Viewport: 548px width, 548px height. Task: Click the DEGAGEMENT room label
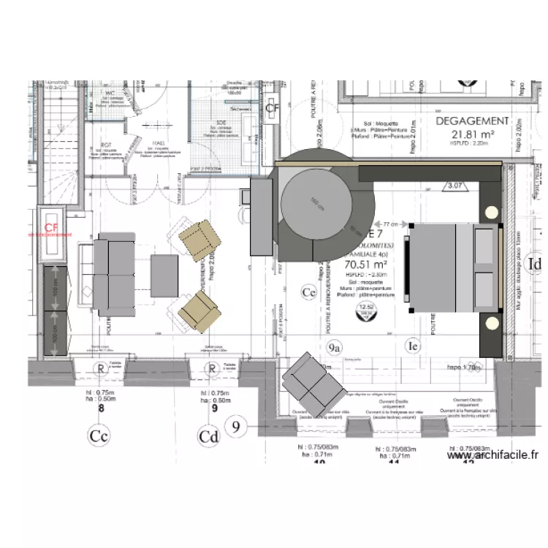pyautogui.click(x=472, y=121)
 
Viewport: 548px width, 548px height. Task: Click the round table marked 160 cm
pyautogui.click(x=315, y=202)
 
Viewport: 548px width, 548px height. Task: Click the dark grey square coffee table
pyautogui.click(x=164, y=275)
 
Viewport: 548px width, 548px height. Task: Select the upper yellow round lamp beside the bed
pyautogui.click(x=492, y=213)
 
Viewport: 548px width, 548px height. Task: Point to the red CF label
pyautogui.click(x=51, y=227)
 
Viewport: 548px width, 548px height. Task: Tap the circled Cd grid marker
pyautogui.click(x=209, y=437)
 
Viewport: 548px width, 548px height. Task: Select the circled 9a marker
pyautogui.click(x=335, y=348)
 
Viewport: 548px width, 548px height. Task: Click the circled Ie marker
pyautogui.click(x=414, y=345)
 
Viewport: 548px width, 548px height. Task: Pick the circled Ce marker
pyautogui.click(x=309, y=292)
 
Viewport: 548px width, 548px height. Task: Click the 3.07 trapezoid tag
pyautogui.click(x=456, y=186)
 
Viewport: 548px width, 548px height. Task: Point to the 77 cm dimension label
pyautogui.click(x=389, y=224)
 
